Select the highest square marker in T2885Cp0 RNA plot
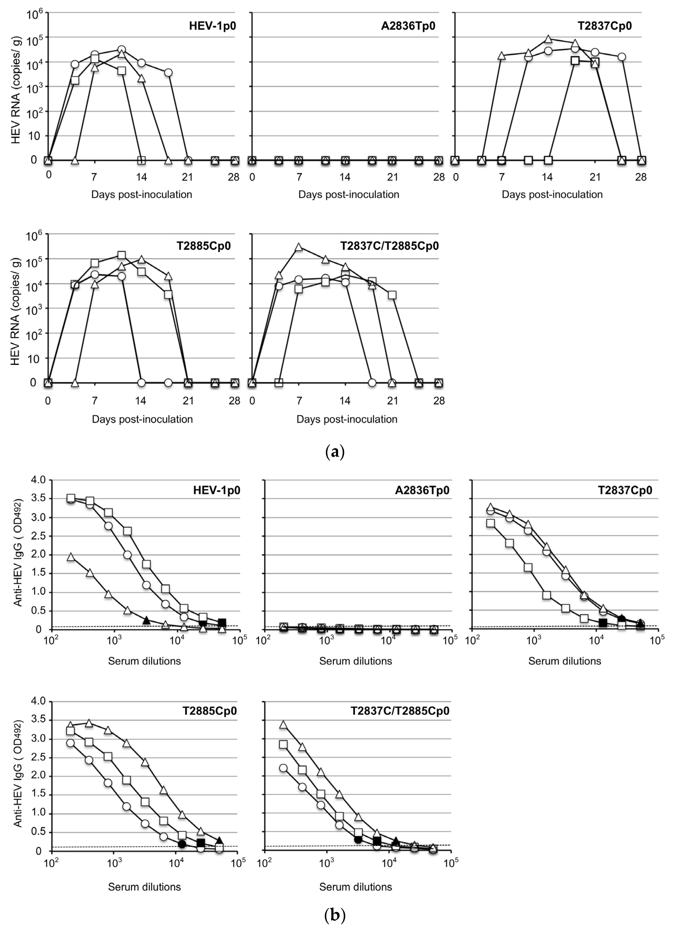click(x=121, y=255)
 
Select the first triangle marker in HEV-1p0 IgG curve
click(x=71, y=557)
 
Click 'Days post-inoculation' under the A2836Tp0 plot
click(x=348, y=194)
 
